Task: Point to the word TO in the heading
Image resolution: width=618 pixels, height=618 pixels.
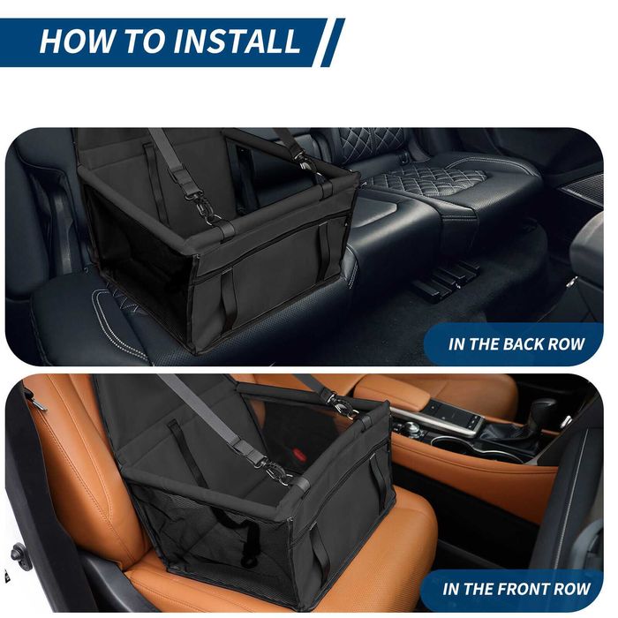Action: [x=145, y=41]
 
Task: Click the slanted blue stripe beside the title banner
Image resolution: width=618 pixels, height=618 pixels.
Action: [x=333, y=42]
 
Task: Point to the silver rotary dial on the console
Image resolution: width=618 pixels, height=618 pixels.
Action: [x=413, y=427]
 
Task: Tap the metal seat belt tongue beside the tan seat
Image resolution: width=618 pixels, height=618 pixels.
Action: [x=35, y=403]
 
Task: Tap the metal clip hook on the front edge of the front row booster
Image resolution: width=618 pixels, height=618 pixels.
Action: [x=275, y=471]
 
